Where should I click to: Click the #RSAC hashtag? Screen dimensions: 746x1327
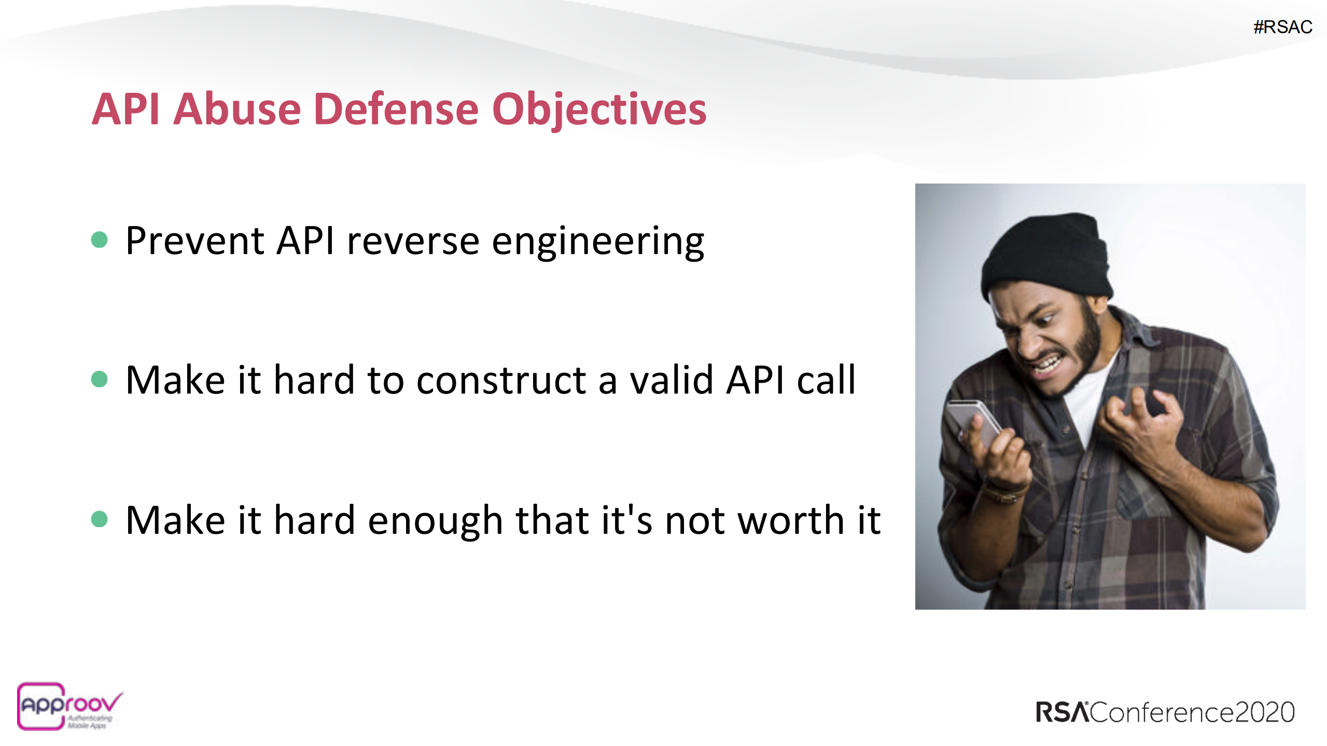tap(1282, 27)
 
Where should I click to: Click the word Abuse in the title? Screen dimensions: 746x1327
tap(236, 109)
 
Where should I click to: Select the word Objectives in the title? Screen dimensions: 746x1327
tap(599, 109)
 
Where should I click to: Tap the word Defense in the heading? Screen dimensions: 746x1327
tap(396, 109)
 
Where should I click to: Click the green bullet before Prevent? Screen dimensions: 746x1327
tap(99, 240)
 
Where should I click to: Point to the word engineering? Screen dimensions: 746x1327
tap(597, 242)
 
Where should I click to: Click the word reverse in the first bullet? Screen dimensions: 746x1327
tap(413, 242)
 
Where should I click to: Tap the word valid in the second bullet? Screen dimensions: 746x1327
tap(671, 381)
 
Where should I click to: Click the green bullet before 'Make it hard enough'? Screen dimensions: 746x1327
tap(99, 519)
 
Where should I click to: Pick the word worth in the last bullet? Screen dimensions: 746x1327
tap(791, 520)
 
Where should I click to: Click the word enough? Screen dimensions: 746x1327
tap(435, 522)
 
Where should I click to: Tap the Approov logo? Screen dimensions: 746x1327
tap(67, 706)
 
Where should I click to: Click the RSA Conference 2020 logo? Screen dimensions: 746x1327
tap(1165, 712)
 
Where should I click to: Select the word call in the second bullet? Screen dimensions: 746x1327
tap(826, 381)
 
